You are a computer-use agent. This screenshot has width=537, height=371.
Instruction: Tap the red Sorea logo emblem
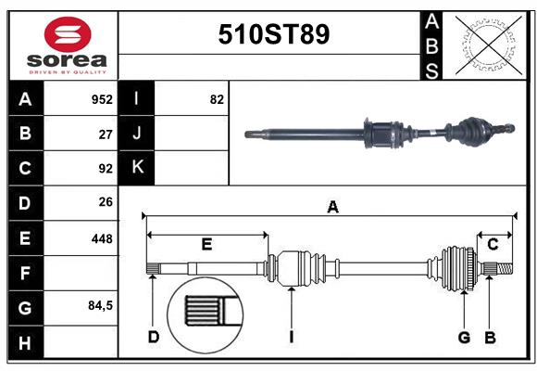pyautogui.click(x=68, y=36)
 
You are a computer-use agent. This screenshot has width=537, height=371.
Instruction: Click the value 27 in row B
pyautogui.click(x=106, y=134)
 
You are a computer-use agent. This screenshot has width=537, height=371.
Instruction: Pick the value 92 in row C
pyautogui.click(x=106, y=169)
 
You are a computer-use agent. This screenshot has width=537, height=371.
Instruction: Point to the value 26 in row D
pyautogui.click(x=106, y=202)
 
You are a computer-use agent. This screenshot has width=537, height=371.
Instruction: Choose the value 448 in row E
pyautogui.click(x=102, y=238)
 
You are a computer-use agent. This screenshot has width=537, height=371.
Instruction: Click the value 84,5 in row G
pyautogui.click(x=100, y=305)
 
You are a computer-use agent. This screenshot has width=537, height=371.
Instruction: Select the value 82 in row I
pyautogui.click(x=217, y=99)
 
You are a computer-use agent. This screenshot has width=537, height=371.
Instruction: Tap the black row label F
pyautogui.click(x=25, y=274)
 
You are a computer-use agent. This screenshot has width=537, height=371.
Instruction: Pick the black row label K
pyautogui.click(x=137, y=168)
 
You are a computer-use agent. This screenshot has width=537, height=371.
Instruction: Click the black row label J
pyautogui.click(x=137, y=134)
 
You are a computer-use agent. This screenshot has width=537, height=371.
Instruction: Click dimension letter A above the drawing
pyautogui.click(x=332, y=208)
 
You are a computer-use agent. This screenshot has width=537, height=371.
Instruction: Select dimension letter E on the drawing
pyautogui.click(x=207, y=245)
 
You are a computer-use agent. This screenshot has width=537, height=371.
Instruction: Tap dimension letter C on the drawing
pyautogui.click(x=493, y=244)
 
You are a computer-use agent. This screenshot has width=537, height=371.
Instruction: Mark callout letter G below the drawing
pyautogui.click(x=464, y=338)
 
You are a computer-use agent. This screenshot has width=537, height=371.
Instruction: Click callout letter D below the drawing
pyautogui.click(x=153, y=338)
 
